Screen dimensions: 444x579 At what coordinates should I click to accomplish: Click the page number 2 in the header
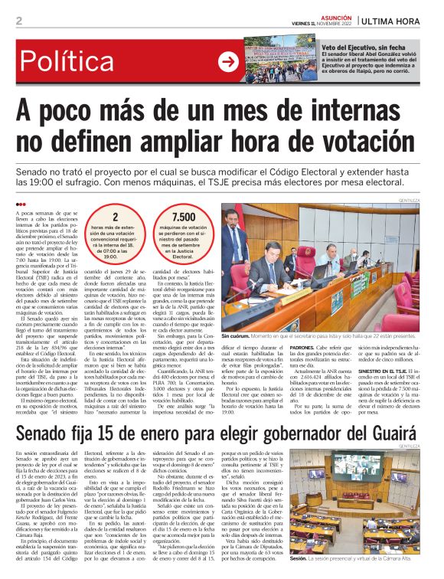[x=18, y=21]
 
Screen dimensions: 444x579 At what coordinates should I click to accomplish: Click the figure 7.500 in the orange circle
[x=184, y=218]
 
